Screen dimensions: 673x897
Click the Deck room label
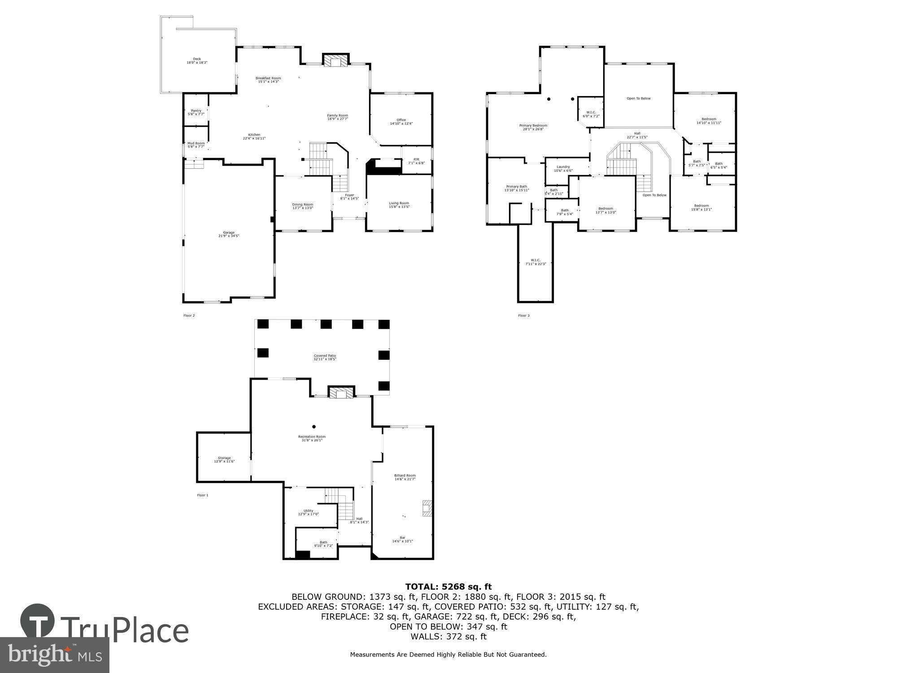197,61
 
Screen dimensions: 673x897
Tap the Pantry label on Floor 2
196,112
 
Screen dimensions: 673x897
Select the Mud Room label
196,144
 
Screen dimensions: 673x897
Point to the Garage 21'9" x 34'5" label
229,234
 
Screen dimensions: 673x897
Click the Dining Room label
303,206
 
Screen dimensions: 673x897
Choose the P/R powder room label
416,161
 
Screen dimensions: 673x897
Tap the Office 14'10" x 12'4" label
401,121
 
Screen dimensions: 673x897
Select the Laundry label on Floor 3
563,168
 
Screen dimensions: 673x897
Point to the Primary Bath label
517,188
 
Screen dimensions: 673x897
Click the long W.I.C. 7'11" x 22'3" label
536,262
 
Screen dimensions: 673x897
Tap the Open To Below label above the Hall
638,98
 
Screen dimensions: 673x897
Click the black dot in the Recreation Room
314,427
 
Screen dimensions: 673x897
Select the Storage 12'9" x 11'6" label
224,459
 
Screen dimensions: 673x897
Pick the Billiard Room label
405,477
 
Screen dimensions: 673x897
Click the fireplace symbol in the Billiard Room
427,508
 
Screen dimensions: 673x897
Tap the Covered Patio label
325,357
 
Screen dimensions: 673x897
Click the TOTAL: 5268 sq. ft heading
448,586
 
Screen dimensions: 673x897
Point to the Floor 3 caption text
523,315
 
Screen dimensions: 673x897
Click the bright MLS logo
54,655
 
